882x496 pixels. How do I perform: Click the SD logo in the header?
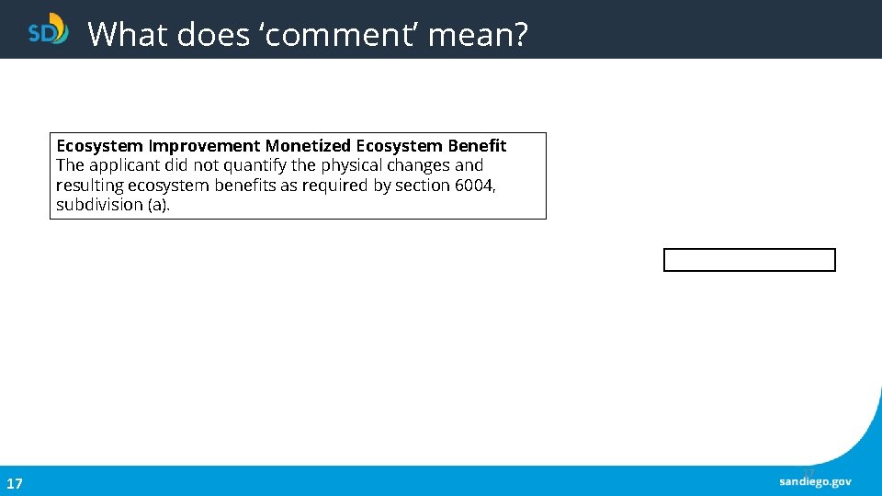pos(48,29)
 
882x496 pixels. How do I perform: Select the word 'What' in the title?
pos(127,35)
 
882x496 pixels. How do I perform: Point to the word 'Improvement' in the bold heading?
pos(204,146)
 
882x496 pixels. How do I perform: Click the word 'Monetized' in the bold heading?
pos(308,146)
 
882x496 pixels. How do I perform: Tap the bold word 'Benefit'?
pos(477,146)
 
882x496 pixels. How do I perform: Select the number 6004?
pos(475,186)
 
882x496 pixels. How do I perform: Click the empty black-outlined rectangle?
pos(749,260)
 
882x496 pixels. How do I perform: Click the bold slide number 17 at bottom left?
pos(15,483)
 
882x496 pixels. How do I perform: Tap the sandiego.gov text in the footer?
pos(815,482)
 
